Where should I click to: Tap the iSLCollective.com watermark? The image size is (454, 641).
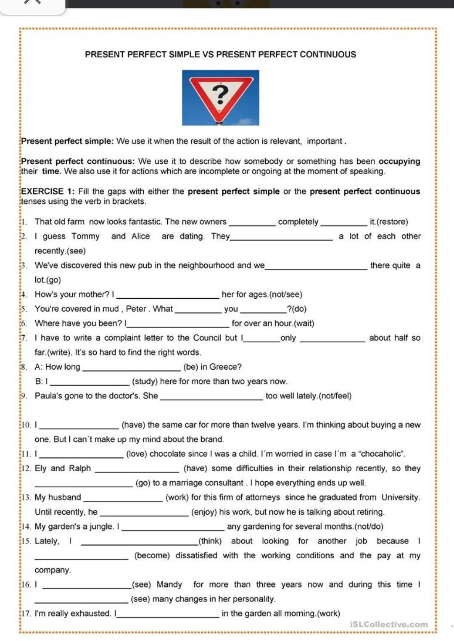pos(389,624)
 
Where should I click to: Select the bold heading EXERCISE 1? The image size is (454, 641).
pos(48,192)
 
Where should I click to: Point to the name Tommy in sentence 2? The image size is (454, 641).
pos(85,236)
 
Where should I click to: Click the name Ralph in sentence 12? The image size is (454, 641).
pos(80,468)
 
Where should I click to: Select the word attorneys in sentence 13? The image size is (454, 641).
pos(261,497)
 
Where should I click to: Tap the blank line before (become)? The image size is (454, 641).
pos(82,558)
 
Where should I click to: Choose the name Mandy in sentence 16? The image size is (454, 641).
pos(169,584)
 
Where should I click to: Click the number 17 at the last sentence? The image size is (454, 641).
pos(26,613)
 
